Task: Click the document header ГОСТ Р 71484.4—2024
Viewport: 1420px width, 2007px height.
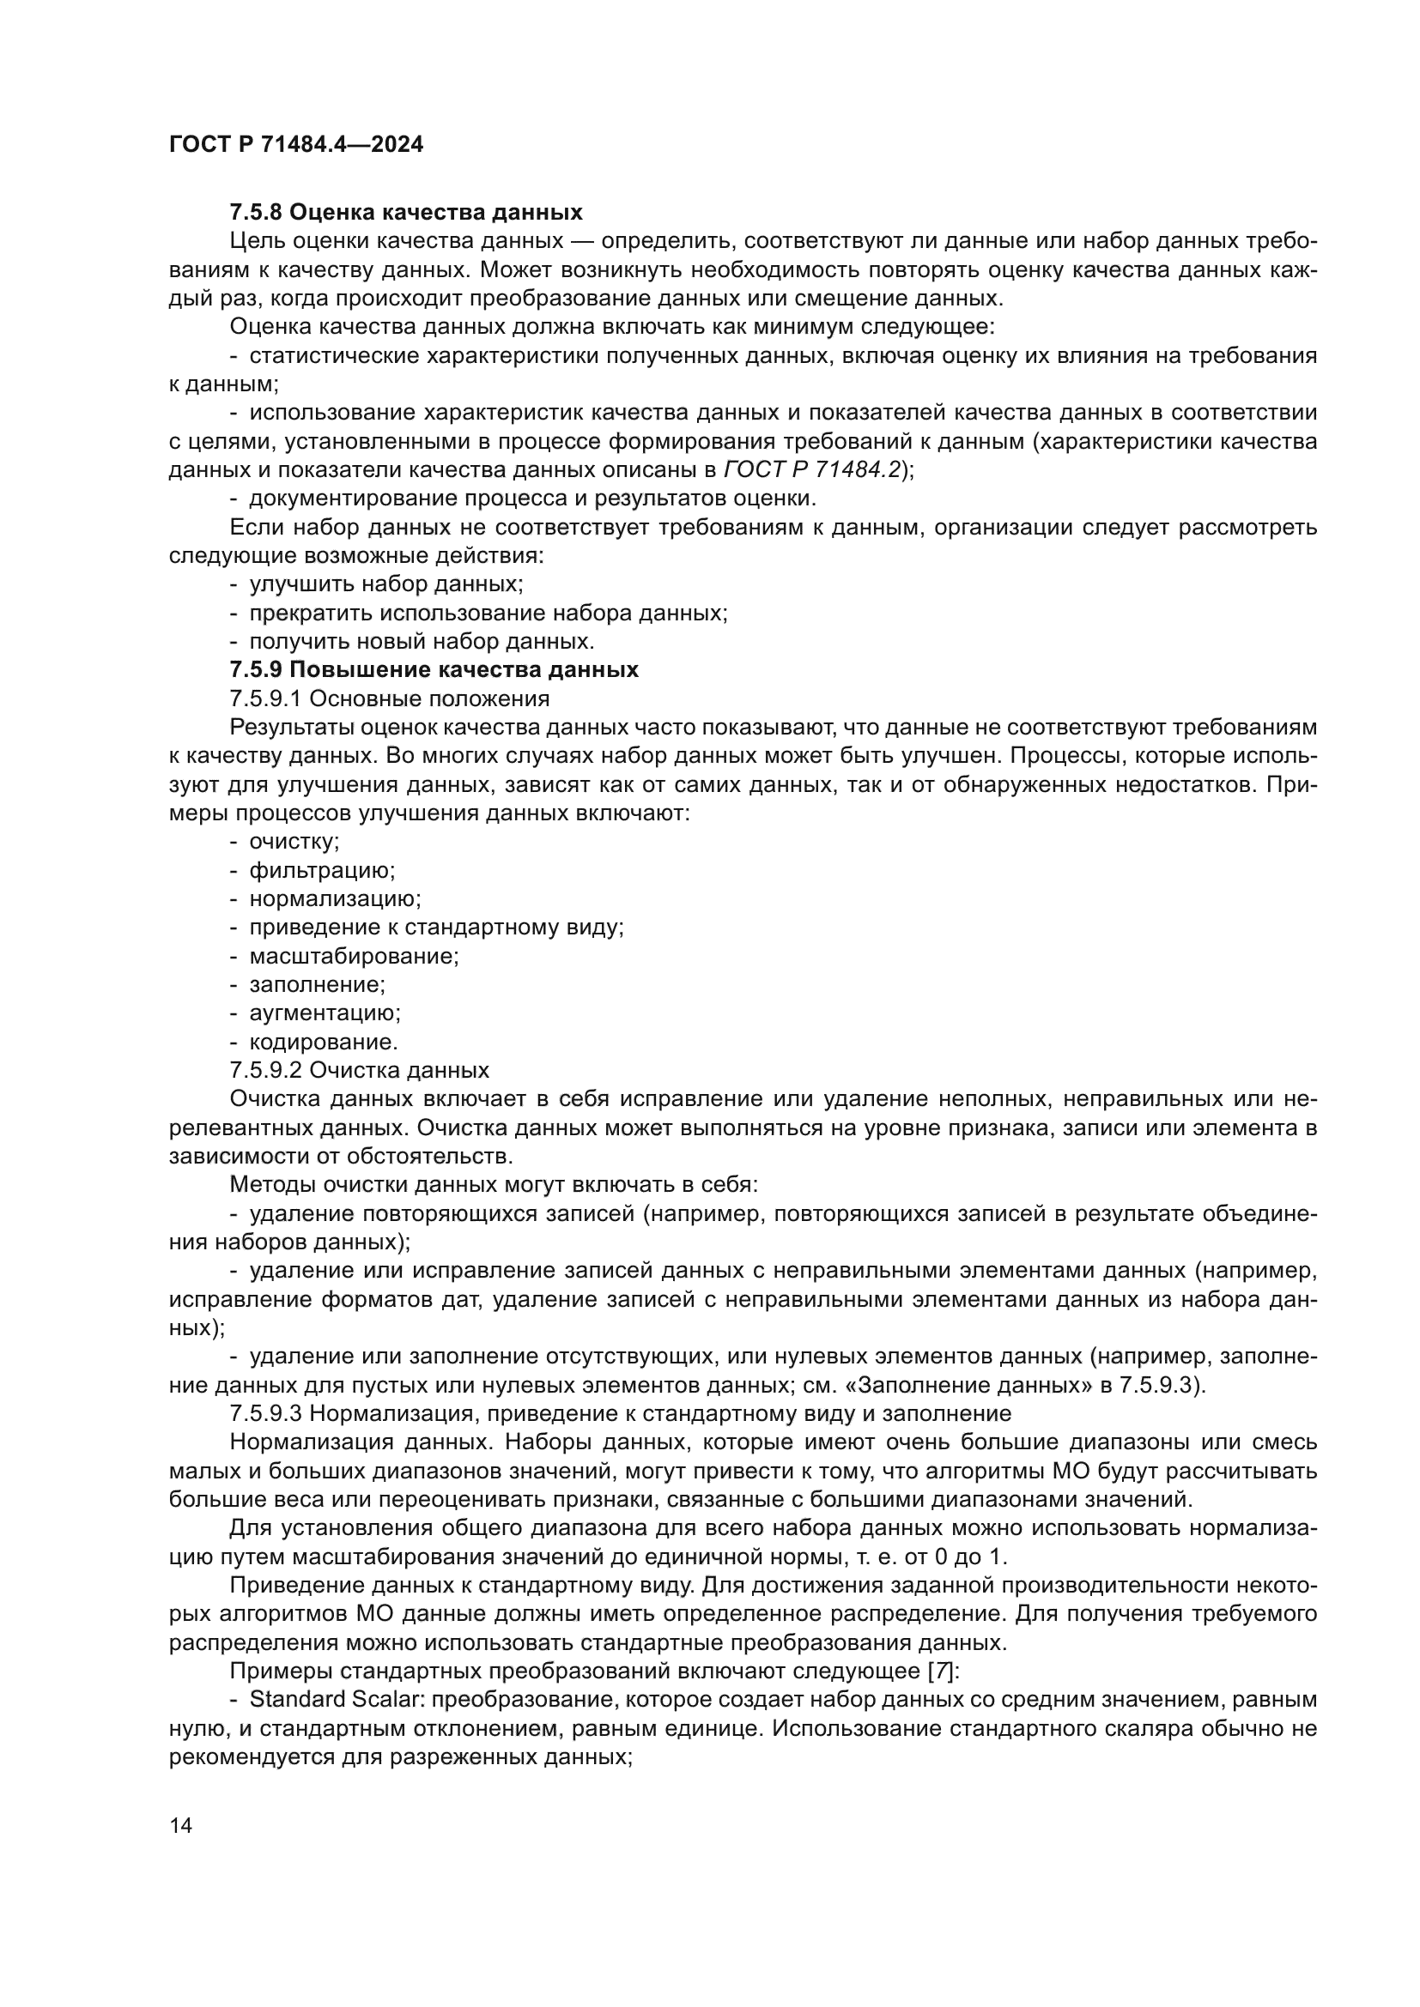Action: (x=295, y=145)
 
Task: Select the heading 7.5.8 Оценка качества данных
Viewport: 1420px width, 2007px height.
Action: (x=406, y=213)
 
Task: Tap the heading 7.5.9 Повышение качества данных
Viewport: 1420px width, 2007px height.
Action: (x=434, y=669)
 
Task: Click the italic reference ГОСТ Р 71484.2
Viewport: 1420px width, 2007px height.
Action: (x=812, y=469)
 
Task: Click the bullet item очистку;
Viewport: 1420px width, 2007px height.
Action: (x=294, y=842)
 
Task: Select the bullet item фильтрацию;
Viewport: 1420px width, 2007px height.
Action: (x=322, y=871)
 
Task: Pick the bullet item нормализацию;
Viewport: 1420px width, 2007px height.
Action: (x=335, y=898)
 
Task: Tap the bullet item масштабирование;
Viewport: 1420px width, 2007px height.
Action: (x=354, y=956)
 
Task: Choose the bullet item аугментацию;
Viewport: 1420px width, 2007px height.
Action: (x=325, y=1013)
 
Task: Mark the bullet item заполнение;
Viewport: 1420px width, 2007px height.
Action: (x=317, y=984)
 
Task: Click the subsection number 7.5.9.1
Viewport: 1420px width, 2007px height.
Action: (x=265, y=698)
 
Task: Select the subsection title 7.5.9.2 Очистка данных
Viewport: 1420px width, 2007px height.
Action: (x=359, y=1070)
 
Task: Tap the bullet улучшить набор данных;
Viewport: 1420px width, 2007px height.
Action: (x=385, y=584)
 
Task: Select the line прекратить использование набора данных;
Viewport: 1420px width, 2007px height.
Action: (x=488, y=613)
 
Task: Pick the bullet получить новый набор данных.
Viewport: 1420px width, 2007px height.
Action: (x=422, y=642)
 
